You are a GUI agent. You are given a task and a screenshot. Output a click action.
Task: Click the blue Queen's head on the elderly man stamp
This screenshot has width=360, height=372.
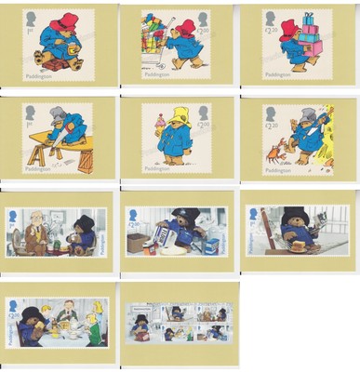[x=13, y=216]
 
